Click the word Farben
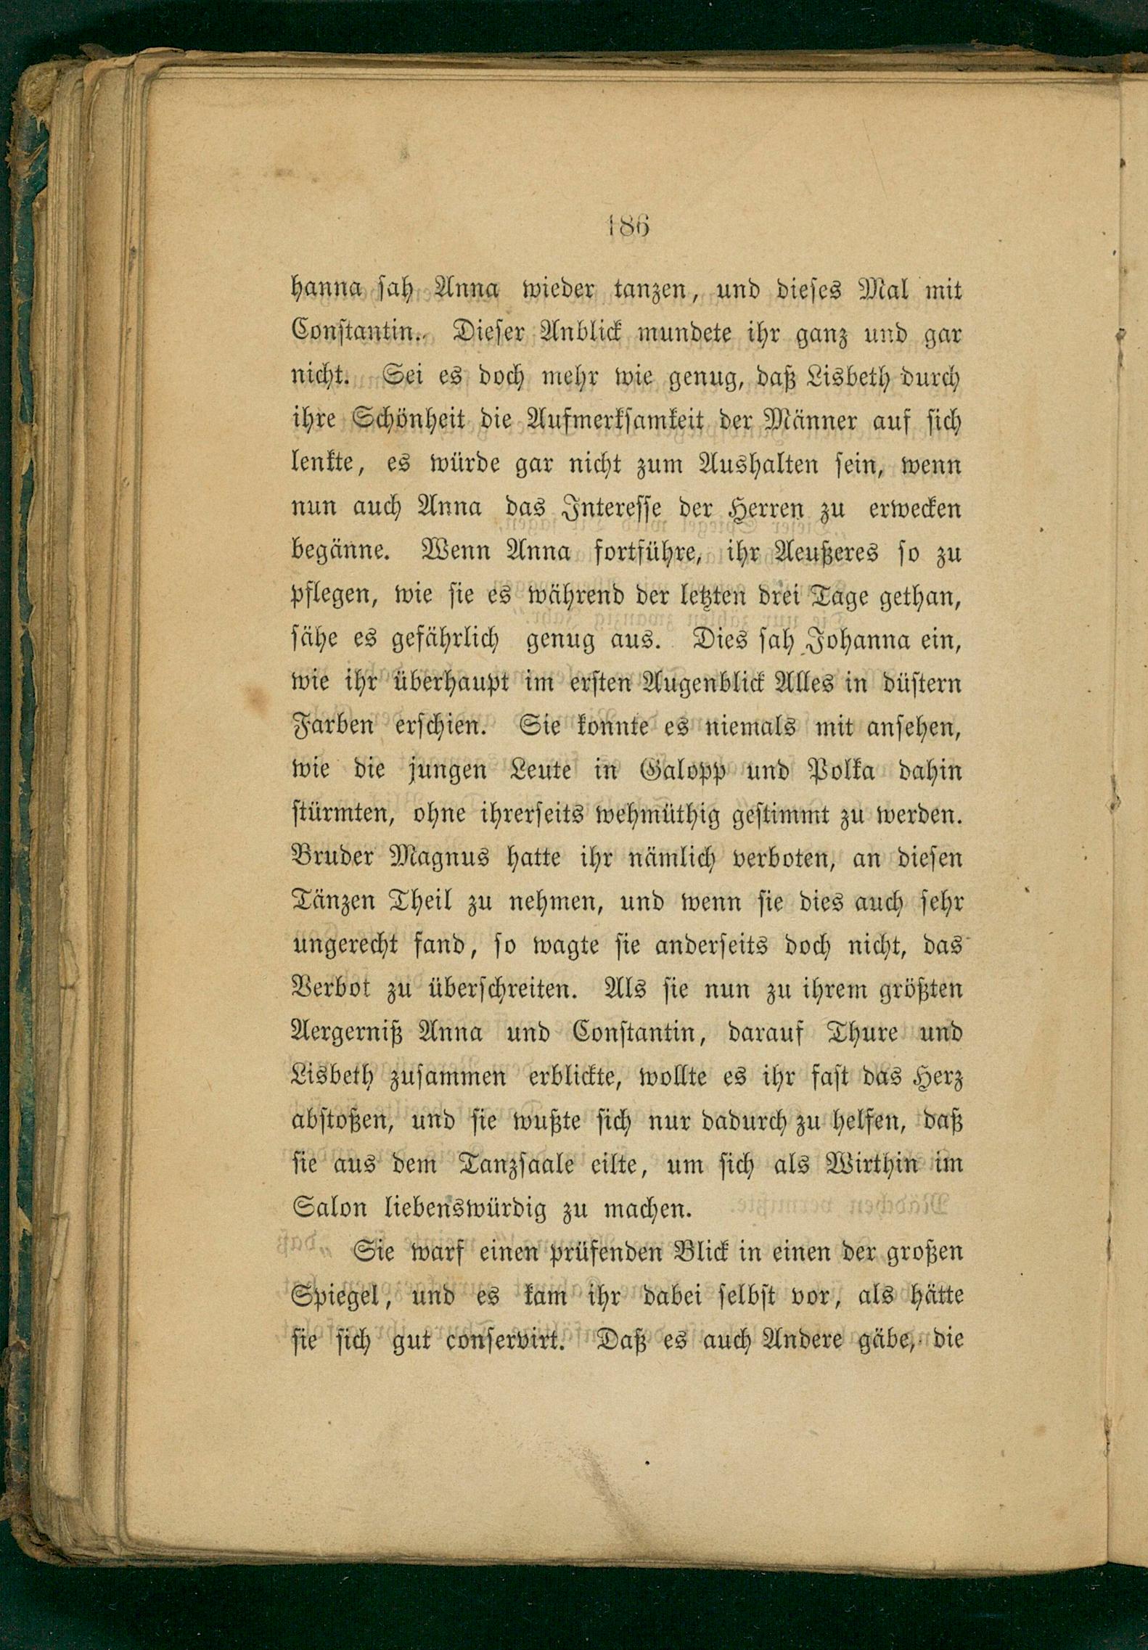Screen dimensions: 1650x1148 (x=333, y=727)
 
